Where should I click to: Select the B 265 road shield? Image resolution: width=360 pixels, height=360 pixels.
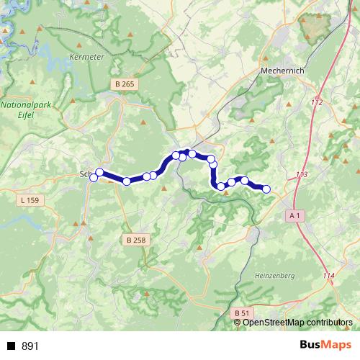pyautogui.click(x=124, y=85)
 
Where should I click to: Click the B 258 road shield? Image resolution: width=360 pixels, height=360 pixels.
pyautogui.click(x=134, y=240)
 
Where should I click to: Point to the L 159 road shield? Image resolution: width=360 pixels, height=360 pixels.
pyautogui.click(x=30, y=199)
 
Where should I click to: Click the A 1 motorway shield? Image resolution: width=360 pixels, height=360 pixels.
pyautogui.click(x=294, y=215)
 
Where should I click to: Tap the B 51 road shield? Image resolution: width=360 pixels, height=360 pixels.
pyautogui.click(x=242, y=313)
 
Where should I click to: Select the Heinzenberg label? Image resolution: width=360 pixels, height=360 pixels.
pyautogui.click(x=275, y=276)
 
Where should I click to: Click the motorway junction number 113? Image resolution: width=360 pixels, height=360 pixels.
pyautogui.click(x=301, y=175)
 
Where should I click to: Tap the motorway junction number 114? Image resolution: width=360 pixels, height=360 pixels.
pyautogui.click(x=329, y=276)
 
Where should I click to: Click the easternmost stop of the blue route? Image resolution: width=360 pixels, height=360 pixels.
pyautogui.click(x=266, y=189)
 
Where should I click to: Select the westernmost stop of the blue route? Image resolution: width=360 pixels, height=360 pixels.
pyautogui.click(x=94, y=178)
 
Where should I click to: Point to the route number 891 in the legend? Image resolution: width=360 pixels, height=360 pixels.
pyautogui.click(x=30, y=346)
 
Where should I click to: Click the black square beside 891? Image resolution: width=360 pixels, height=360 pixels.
pyautogui.click(x=12, y=346)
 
